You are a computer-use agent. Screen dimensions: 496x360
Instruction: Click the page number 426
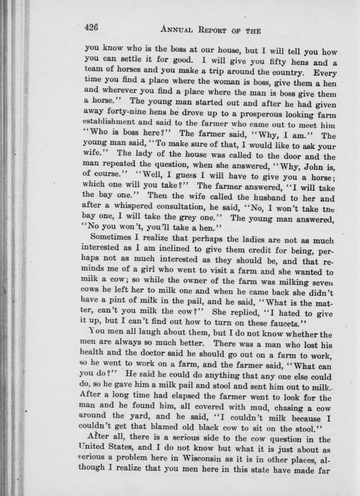tap(91, 28)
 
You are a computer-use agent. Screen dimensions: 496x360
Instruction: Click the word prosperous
tap(248, 115)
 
